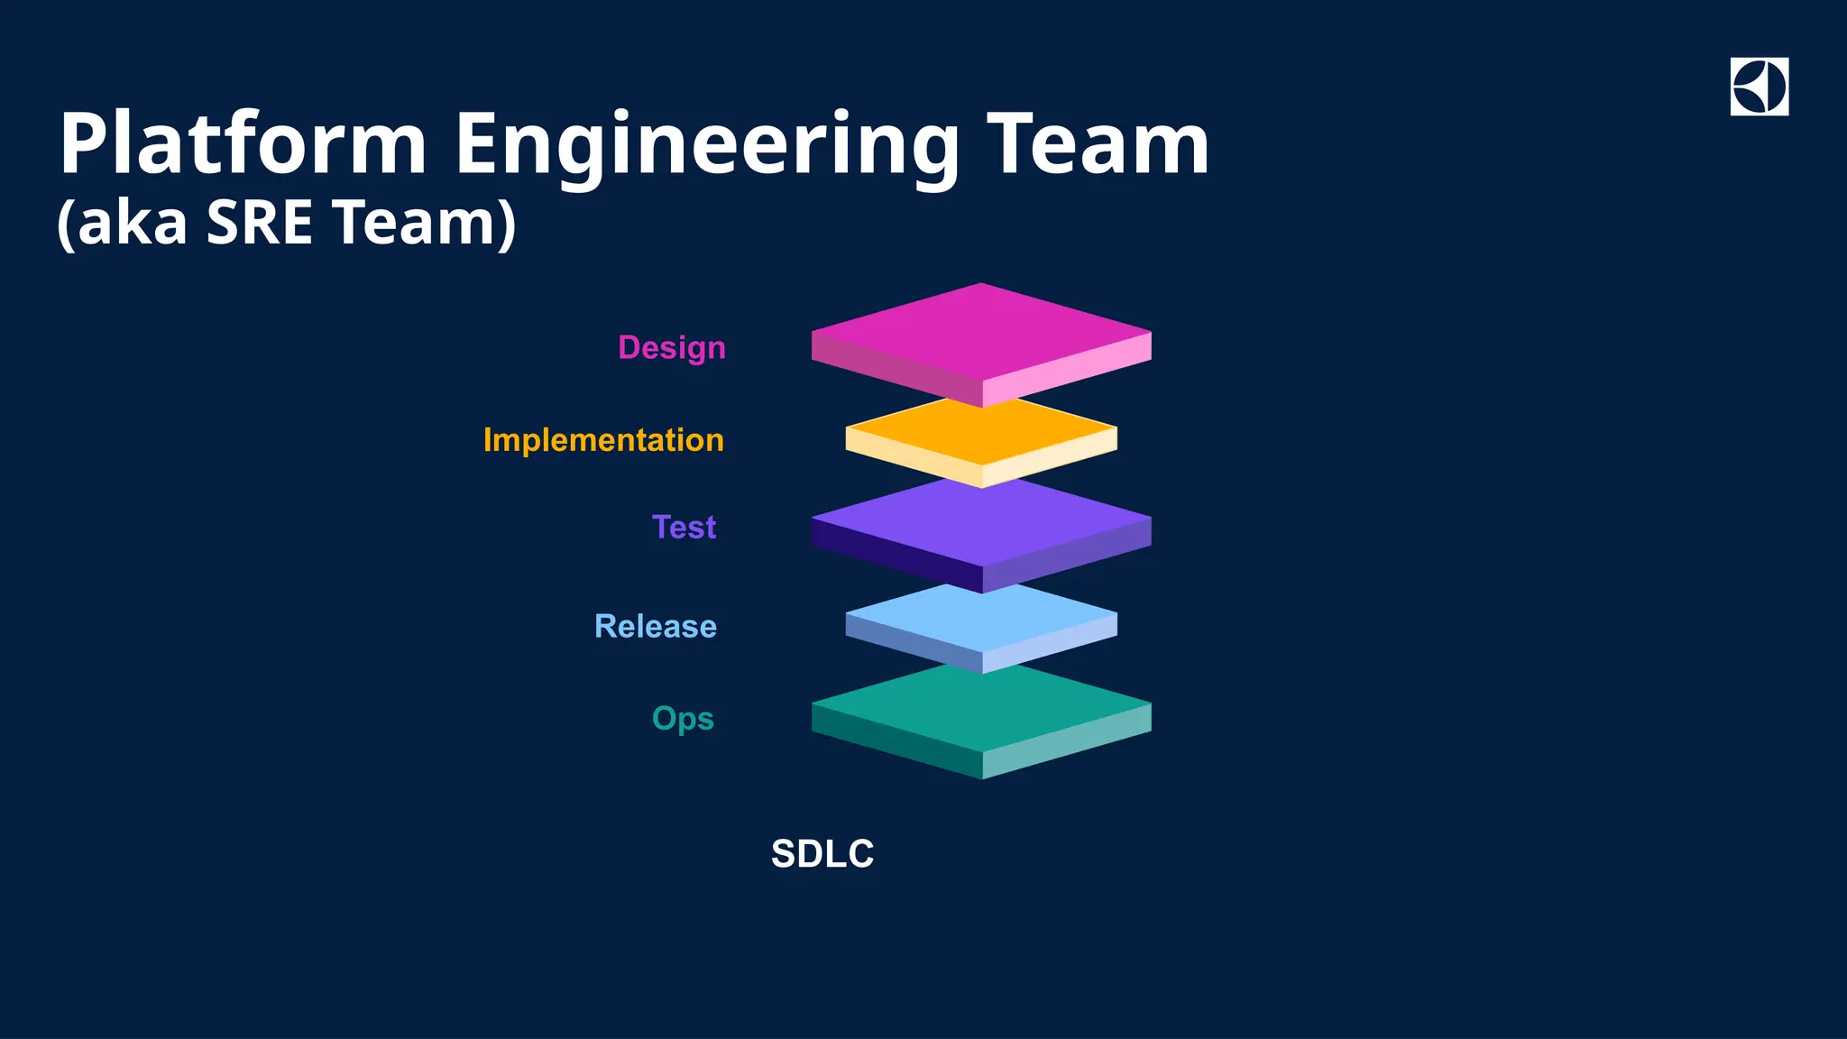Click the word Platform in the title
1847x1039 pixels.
242,144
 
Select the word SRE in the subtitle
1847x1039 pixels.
259,222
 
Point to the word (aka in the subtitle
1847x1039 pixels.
122,222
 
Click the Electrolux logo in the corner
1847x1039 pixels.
1759,87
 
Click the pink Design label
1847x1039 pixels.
672,348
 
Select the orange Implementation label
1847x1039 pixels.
603,440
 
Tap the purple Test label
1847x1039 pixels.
684,527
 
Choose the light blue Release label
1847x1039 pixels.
656,626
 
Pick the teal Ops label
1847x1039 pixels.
683,719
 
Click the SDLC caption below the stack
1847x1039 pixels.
822,854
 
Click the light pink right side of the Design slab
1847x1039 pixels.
1068,371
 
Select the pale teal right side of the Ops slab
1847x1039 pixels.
1068,741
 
